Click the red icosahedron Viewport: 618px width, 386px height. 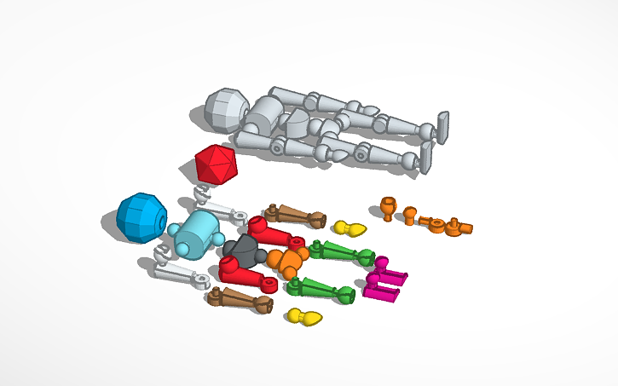click(216, 164)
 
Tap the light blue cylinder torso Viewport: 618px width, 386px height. click(197, 234)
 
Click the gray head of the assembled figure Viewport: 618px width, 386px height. click(225, 111)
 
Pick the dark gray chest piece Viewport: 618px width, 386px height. click(242, 249)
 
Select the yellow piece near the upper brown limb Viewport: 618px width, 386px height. click(349, 228)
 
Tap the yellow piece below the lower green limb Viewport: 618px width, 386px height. click(303, 318)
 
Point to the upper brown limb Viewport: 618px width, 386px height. click(295, 216)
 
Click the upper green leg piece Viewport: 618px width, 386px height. click(341, 252)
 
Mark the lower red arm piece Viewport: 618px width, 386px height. click(242, 270)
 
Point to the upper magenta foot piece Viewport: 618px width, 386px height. click(390, 274)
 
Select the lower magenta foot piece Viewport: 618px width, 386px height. click(381, 292)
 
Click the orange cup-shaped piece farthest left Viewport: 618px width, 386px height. click(388, 207)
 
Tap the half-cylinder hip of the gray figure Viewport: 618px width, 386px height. click(297, 125)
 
